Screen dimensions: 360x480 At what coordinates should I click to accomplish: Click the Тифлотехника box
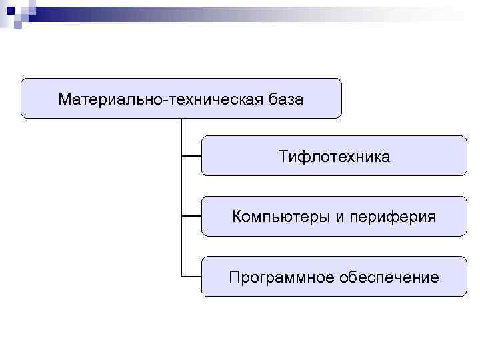pyautogui.click(x=334, y=156)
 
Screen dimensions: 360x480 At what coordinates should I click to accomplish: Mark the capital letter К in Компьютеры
pyautogui.click(x=237, y=217)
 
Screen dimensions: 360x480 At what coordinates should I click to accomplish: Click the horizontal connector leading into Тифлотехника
pyautogui.click(x=191, y=156)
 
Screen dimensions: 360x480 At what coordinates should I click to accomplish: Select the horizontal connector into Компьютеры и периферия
pyautogui.click(x=191, y=216)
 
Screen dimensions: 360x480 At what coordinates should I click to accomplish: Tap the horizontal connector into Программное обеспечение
pyautogui.click(x=191, y=276)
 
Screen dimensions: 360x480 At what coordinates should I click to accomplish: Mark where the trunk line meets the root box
pyautogui.click(x=181, y=119)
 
